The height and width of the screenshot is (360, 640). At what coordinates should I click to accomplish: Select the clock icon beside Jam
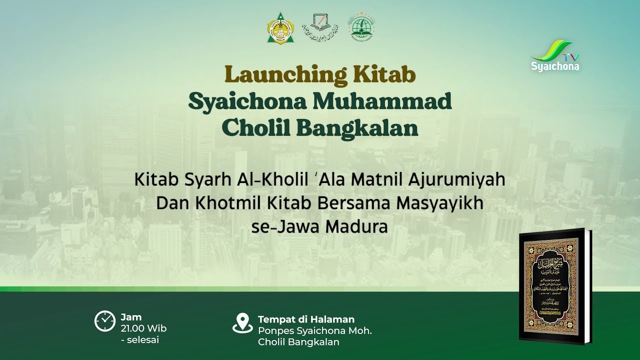[104, 321]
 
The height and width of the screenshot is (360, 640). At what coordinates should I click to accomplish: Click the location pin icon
[242, 323]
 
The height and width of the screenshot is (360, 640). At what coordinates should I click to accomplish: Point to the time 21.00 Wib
[143, 328]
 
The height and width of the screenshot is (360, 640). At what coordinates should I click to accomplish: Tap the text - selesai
[140, 340]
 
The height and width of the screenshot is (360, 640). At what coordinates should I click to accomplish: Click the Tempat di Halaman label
[306, 319]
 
